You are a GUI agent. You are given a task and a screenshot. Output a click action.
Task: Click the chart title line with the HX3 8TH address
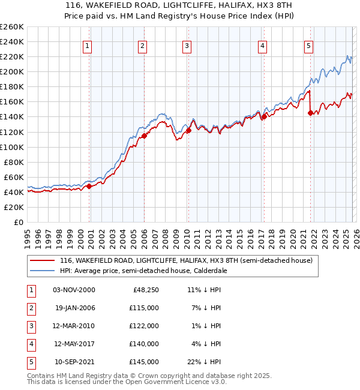(180, 5)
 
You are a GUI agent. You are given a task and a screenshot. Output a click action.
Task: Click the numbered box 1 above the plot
(88, 46)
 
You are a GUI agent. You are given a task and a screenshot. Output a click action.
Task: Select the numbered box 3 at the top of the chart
(187, 46)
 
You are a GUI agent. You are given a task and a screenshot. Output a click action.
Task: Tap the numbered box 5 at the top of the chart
(308, 46)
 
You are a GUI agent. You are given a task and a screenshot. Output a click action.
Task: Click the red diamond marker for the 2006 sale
(144, 136)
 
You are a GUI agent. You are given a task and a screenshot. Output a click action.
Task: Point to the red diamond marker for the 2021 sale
(310, 113)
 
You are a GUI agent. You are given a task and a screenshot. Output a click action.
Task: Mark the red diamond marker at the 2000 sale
(89, 186)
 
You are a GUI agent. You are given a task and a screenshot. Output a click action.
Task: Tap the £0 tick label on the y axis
(18, 222)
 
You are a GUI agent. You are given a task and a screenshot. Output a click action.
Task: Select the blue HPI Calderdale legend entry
(150, 271)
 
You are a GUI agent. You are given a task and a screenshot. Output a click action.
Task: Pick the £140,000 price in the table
(144, 344)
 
